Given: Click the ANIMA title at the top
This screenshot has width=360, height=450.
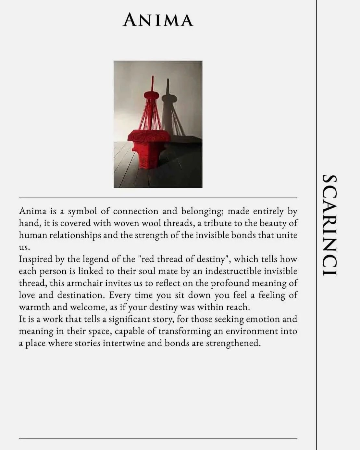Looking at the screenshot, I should (158, 20).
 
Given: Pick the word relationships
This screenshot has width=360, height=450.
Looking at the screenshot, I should (72, 235).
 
